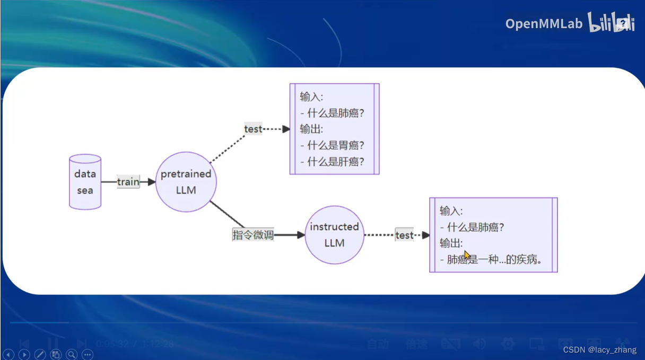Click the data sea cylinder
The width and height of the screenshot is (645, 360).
pos(85,182)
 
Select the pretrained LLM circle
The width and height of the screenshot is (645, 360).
pos(186,182)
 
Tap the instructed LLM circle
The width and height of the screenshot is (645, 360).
pos(334,235)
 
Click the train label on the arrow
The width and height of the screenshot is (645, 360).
pos(128,182)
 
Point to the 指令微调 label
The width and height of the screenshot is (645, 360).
pos(253,235)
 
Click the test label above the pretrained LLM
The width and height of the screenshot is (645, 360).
pos(253,129)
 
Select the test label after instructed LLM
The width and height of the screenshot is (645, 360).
pos(404,235)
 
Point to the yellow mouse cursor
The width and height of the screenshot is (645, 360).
pos(467,255)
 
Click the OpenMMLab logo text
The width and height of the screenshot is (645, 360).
pos(544,23)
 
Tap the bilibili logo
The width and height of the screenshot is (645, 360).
pos(611,23)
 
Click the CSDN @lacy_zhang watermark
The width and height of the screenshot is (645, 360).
pos(599,350)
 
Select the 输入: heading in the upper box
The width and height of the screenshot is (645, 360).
pos(311,96)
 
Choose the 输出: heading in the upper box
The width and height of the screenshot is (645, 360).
pos(311,129)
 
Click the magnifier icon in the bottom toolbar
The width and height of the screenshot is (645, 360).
pos(72,355)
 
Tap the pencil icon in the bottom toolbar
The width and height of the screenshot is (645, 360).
pos(40,355)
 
